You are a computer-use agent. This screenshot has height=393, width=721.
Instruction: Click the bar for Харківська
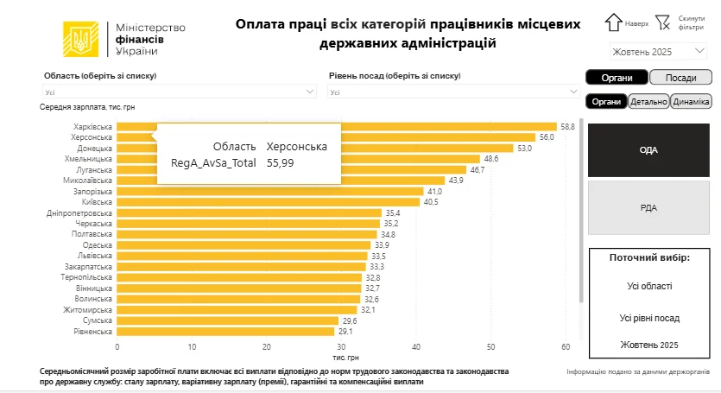[x=337, y=126]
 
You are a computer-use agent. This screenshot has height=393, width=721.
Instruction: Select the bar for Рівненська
[x=225, y=331]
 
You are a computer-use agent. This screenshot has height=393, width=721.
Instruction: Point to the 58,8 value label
[x=567, y=126]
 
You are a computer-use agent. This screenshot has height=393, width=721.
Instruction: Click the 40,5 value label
[x=431, y=201]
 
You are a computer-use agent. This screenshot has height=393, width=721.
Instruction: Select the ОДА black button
[x=648, y=149]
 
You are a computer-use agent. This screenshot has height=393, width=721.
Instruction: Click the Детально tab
[x=648, y=101]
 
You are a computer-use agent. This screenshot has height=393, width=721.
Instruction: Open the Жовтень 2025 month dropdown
[x=659, y=52]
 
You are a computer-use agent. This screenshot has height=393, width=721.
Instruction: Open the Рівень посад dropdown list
[x=453, y=92]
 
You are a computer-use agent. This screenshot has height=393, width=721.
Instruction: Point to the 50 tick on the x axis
[x=491, y=346]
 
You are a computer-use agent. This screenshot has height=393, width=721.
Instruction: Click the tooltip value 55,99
[x=281, y=162]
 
